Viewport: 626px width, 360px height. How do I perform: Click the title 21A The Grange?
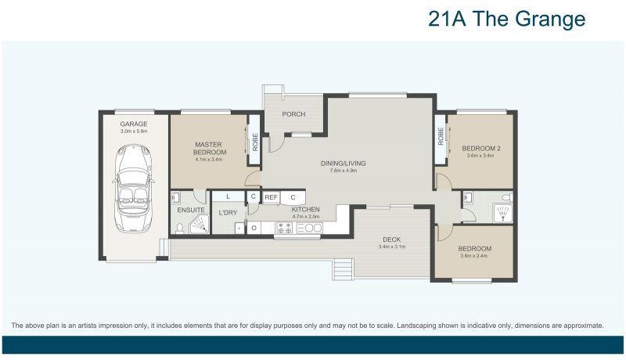coord(506,20)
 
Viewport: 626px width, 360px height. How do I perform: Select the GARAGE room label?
coord(134,124)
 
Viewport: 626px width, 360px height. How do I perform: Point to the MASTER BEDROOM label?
coord(210,148)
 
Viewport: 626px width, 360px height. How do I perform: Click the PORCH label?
coord(293,115)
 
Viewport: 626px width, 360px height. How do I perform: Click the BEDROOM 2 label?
coord(480,149)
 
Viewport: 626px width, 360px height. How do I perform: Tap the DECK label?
coord(391,239)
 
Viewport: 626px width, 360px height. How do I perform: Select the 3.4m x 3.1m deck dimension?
coord(391,247)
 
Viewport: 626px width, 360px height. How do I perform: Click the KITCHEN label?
coord(305,210)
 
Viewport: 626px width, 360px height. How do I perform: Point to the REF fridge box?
coord(271,198)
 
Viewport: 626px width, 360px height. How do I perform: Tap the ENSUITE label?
coord(191,210)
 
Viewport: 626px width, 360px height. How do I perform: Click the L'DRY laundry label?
coord(228,213)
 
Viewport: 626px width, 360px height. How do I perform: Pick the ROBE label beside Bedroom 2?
coord(441,136)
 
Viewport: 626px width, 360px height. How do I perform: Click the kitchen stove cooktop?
coord(283,229)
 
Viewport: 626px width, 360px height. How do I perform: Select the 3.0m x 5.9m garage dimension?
coord(134,131)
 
